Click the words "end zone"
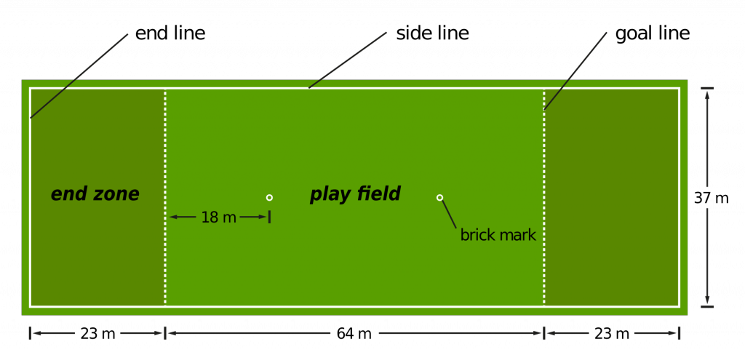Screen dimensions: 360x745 click(x=95, y=194)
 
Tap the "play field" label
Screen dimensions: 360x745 click(x=355, y=194)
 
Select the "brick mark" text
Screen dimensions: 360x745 click(x=498, y=236)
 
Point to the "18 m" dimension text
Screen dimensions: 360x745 click(x=218, y=217)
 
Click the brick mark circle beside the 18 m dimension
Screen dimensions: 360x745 click(x=269, y=197)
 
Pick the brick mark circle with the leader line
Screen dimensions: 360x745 click(x=439, y=197)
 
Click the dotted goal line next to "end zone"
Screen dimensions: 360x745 click(x=165, y=145)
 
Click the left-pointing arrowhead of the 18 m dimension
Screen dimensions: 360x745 click(x=174, y=217)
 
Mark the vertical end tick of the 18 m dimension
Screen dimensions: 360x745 click(x=269, y=217)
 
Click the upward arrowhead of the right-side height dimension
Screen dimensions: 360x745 click(x=707, y=95)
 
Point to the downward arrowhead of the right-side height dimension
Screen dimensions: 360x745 click(x=707, y=300)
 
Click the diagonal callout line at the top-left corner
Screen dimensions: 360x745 click(x=79, y=76)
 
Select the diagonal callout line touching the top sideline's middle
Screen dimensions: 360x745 click(x=348, y=60)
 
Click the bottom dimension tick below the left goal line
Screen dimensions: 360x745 click(x=165, y=333)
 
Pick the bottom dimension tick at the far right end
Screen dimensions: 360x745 click(x=679, y=333)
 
